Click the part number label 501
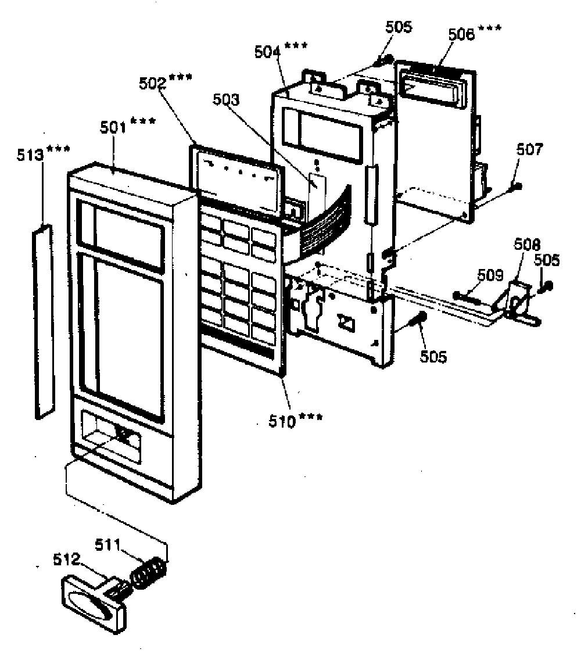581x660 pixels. tap(113, 127)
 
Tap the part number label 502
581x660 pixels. tap(152, 83)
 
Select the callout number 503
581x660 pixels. tap(225, 99)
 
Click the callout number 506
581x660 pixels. tap(461, 34)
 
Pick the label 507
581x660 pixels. tap(530, 149)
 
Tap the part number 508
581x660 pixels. tap(527, 245)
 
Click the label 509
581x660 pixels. tap(490, 275)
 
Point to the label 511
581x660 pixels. tap(108, 544)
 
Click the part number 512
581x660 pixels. tap(66, 559)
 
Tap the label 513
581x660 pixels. tap(30, 155)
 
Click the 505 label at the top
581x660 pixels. tap(399, 27)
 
